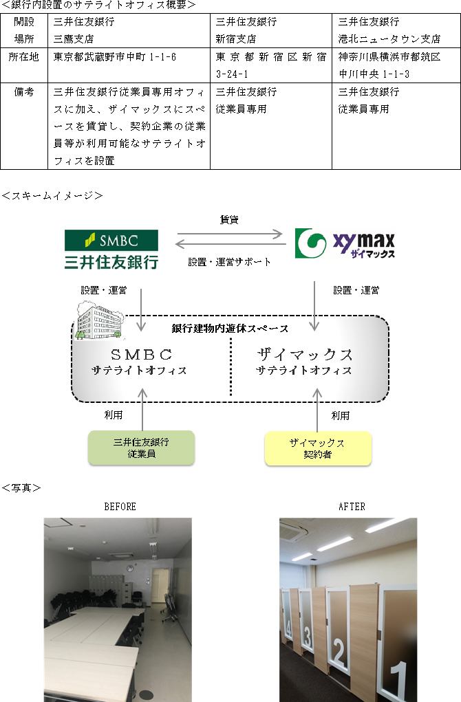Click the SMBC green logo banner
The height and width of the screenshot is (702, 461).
pos(111,240)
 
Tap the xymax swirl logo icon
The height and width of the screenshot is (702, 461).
pos(310,243)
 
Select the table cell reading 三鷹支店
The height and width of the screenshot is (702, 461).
pos(74,39)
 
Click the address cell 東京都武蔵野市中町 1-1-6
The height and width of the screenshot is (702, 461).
pos(115,57)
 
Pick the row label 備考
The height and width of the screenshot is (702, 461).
pos(24,91)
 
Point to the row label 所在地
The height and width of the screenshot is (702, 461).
pos(24,57)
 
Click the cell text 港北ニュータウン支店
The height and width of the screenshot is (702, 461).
pos(389,39)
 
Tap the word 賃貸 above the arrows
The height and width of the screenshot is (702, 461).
pos(229,219)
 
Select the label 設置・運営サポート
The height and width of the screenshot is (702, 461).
pos(229,262)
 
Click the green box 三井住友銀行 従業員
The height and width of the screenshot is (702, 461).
pos(141,448)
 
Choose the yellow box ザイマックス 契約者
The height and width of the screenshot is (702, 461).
pos(318,448)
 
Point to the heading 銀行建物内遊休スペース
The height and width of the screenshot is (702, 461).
pos(230,329)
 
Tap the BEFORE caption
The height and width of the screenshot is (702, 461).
pos(120,506)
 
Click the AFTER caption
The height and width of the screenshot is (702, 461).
pos(352,506)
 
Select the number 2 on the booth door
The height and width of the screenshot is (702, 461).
pos(339,652)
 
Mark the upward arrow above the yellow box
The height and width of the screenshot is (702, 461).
pos(317,410)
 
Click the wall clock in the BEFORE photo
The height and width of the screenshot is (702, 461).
pos(130,568)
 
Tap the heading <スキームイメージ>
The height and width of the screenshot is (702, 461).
pos(52,196)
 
